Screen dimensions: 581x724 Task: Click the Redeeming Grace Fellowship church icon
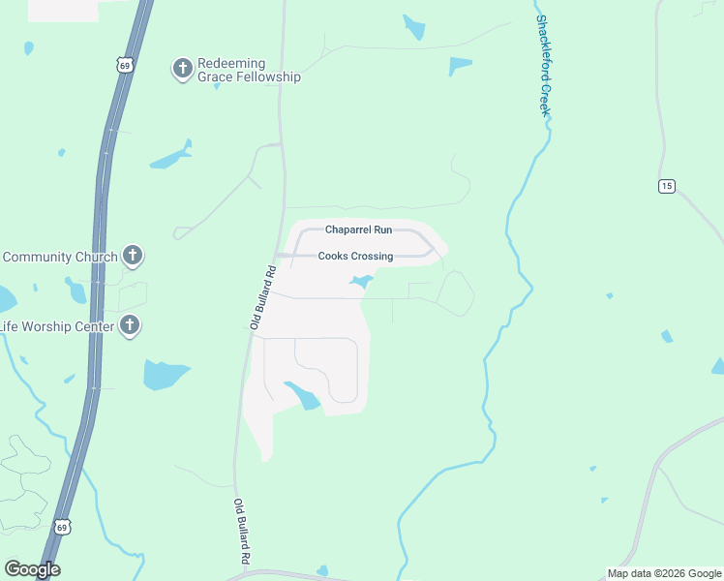(x=181, y=68)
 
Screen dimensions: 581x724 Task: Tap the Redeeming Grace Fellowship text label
(x=249, y=70)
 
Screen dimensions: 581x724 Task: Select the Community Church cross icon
(x=133, y=257)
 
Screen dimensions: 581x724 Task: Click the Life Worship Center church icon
(x=130, y=325)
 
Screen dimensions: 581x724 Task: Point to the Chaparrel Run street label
(x=358, y=229)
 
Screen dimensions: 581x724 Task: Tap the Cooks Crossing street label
(x=355, y=257)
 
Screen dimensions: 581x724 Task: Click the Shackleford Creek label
(x=544, y=65)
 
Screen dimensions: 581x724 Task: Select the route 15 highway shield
(x=666, y=186)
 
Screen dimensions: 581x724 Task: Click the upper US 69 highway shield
(x=122, y=65)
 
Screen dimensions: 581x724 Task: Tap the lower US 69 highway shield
(x=62, y=528)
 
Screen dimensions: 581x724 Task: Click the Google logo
(x=32, y=569)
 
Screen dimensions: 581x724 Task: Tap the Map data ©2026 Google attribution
(x=664, y=573)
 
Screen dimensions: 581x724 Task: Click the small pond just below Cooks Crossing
(x=360, y=283)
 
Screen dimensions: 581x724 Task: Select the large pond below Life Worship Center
(x=166, y=373)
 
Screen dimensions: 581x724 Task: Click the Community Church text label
(x=59, y=257)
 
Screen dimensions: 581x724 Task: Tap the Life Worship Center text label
(x=57, y=326)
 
